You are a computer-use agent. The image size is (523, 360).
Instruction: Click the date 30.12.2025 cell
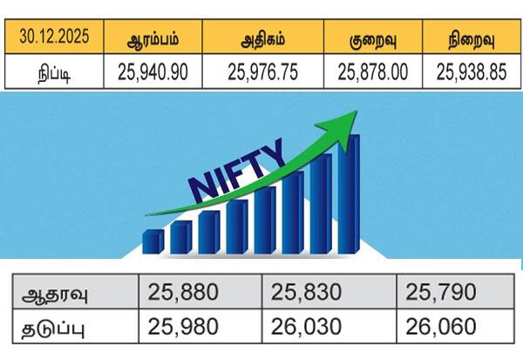pos(54,40)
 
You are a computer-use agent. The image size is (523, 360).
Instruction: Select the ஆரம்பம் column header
pos(153,40)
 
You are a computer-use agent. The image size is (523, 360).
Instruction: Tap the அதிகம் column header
pos(264,40)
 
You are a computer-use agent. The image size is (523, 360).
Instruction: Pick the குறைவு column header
pos(371,40)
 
